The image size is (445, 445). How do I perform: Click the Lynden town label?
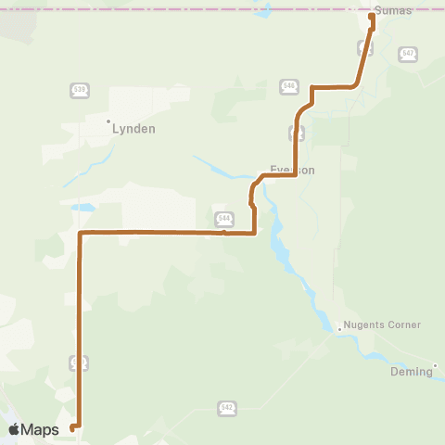coord(133,129)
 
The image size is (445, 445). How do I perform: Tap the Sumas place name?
coord(393,9)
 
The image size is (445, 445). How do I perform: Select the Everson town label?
coord(293,170)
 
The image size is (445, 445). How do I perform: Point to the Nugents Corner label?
coord(383,325)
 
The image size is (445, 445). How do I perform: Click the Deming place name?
coord(412,371)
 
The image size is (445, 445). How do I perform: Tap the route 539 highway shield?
coord(80,90)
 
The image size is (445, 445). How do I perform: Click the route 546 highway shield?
coord(290,85)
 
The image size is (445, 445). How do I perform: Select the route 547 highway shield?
coord(409,54)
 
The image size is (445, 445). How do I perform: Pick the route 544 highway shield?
coord(223,218)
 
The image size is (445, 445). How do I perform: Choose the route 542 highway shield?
coord(227,407)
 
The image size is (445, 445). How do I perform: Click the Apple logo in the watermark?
coord(16,429)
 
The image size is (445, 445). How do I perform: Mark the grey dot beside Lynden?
coord(108,121)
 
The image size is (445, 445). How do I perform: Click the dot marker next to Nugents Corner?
coord(339,326)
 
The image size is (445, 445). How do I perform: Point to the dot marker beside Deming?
coord(436,364)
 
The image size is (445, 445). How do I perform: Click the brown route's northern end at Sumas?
coord(372,16)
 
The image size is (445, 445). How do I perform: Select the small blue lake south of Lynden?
coord(83,207)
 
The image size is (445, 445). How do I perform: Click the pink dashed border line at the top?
coord(185,9)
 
